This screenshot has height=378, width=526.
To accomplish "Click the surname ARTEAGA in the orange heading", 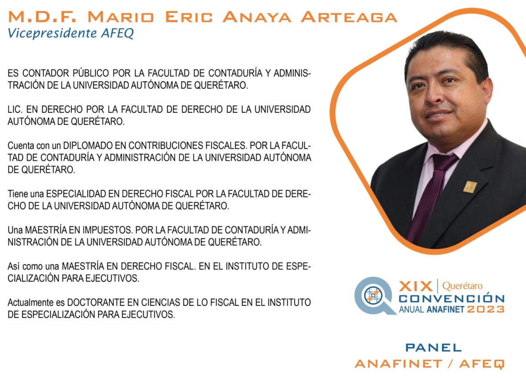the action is click(x=349, y=17).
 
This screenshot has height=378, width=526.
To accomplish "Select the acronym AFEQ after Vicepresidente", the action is click(x=117, y=33).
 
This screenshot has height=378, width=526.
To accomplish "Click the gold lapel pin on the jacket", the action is click(x=470, y=187).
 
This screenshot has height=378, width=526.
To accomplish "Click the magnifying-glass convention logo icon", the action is click(x=374, y=296).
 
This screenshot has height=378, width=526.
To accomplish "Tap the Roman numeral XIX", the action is click(x=415, y=287).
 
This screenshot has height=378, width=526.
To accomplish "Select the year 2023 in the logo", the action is click(x=486, y=309).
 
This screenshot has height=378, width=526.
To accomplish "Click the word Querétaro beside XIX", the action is click(x=462, y=286).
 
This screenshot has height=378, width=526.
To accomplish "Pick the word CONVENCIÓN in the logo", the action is click(x=452, y=298).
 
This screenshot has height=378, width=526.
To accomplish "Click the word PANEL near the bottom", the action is click(x=433, y=348).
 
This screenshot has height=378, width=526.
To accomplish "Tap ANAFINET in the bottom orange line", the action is click(x=399, y=364).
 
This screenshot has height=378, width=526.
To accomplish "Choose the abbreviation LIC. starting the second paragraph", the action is click(x=16, y=109).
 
